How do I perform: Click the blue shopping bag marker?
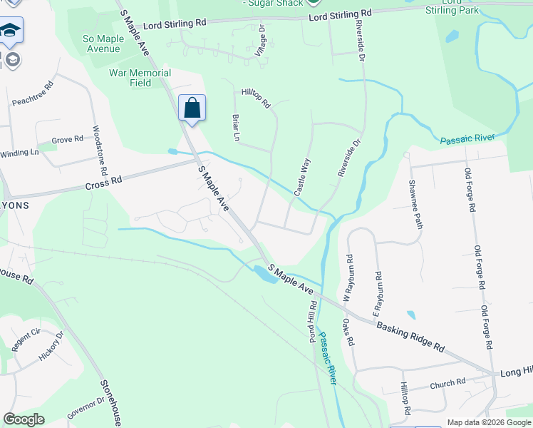coord(192,109)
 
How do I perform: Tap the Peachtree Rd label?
coord(33,93)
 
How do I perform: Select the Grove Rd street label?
coord(68,141)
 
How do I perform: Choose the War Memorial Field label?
coord(140,78)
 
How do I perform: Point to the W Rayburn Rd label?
coord(349,277)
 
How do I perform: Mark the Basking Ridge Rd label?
coord(410,337)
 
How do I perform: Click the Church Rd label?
coord(447,384)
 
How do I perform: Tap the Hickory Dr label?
coord(51,345)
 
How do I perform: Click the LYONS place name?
coord(14,205)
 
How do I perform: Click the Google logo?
coord(24,419)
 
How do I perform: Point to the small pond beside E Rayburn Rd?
coord(410,315)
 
